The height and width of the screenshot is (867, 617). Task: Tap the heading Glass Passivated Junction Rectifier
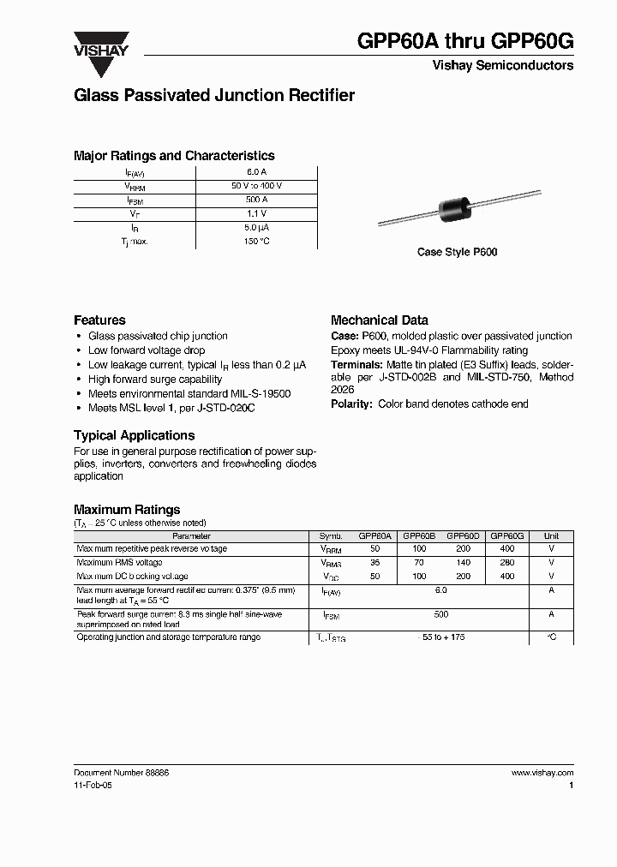pyautogui.click(x=214, y=96)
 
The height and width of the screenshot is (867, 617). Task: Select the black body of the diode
pyautogui.click(x=455, y=211)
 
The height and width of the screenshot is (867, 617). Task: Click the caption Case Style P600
pyautogui.click(x=457, y=253)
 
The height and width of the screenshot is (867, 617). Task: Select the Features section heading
pyautogui.click(x=99, y=320)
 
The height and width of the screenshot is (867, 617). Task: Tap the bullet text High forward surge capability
pyautogui.click(x=155, y=380)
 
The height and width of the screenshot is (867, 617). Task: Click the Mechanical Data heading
pyautogui.click(x=379, y=320)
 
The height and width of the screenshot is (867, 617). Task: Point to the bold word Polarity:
pyautogui.click(x=351, y=404)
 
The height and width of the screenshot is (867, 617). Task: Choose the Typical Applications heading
pyautogui.click(x=135, y=435)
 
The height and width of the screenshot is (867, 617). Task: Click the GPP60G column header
pyautogui.click(x=507, y=535)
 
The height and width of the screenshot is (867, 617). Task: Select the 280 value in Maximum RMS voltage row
pyautogui.click(x=507, y=563)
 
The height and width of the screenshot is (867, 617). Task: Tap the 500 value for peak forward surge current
pyautogui.click(x=441, y=615)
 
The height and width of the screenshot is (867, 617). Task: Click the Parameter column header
pyautogui.click(x=190, y=535)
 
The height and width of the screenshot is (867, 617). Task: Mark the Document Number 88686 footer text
pyautogui.click(x=122, y=772)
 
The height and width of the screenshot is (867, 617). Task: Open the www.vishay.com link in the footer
pyautogui.click(x=542, y=772)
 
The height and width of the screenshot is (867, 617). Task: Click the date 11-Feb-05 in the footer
pyautogui.click(x=93, y=785)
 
